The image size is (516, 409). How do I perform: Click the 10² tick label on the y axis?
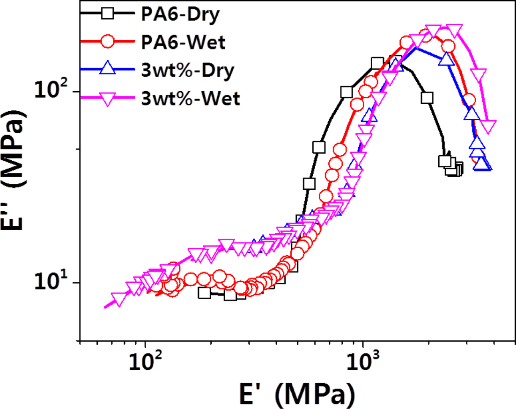[52, 90]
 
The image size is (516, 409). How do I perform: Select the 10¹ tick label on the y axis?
[52, 282]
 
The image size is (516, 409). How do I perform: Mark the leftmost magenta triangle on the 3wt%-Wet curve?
[118, 300]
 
